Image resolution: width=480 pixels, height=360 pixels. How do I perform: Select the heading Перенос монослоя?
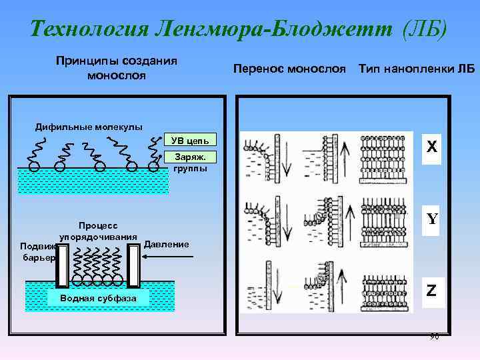pos(289,69)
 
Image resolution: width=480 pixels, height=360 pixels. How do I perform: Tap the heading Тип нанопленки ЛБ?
pos(416,69)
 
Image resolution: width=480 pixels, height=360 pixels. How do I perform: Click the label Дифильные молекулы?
pos(79,127)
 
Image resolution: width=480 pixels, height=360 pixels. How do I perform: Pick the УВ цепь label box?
pos(190,140)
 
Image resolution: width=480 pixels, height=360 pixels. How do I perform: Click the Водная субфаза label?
pos(98,298)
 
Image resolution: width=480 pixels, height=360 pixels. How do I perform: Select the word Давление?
pos(167,244)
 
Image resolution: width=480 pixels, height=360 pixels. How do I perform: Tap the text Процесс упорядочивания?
pos(98,231)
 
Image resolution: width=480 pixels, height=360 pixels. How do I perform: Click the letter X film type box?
pos(432,147)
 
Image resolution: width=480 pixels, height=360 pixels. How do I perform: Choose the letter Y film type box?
pos(432,219)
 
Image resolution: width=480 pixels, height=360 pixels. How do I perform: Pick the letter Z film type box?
pos(432,291)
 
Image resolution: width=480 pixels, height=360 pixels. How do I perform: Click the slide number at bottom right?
pos(434,337)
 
